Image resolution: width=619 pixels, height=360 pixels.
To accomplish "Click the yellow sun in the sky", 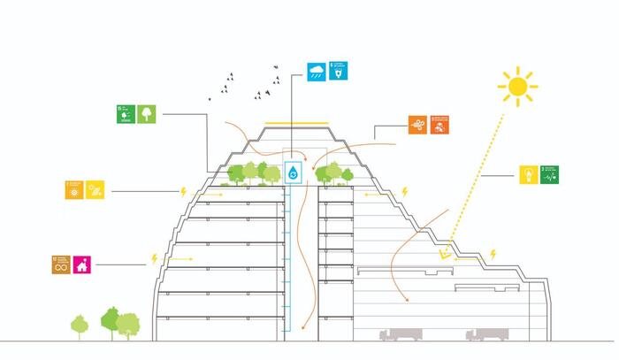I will tap(517, 86).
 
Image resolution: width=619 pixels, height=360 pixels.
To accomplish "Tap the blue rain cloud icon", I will tap(317, 73).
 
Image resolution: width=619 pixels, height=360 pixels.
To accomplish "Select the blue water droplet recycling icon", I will tap(294, 171).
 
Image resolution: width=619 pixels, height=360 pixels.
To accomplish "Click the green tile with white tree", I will tap(147, 113).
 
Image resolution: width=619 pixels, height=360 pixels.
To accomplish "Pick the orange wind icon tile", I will tap(417, 125).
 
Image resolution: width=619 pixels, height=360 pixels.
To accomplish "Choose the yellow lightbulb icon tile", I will tap(529, 174).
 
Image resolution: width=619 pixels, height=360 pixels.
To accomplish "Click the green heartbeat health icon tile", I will tap(550, 174).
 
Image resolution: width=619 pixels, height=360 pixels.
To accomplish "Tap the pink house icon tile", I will tap(81, 264).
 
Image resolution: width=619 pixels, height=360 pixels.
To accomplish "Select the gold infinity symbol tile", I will tap(60, 264).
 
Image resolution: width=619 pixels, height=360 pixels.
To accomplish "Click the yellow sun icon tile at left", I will tap(73, 188).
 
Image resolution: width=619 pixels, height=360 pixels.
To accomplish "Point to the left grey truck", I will tap(399, 335).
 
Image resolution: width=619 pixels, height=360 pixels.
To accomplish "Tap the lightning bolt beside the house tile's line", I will tap(154, 259).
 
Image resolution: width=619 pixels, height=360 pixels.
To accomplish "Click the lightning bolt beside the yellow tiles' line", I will tap(183, 190).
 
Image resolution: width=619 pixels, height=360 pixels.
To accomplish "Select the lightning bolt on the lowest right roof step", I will tap(493, 254).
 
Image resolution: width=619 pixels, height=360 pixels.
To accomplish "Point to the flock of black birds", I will tap(243, 84).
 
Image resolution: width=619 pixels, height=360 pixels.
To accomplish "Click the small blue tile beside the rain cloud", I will tap(338, 73).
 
